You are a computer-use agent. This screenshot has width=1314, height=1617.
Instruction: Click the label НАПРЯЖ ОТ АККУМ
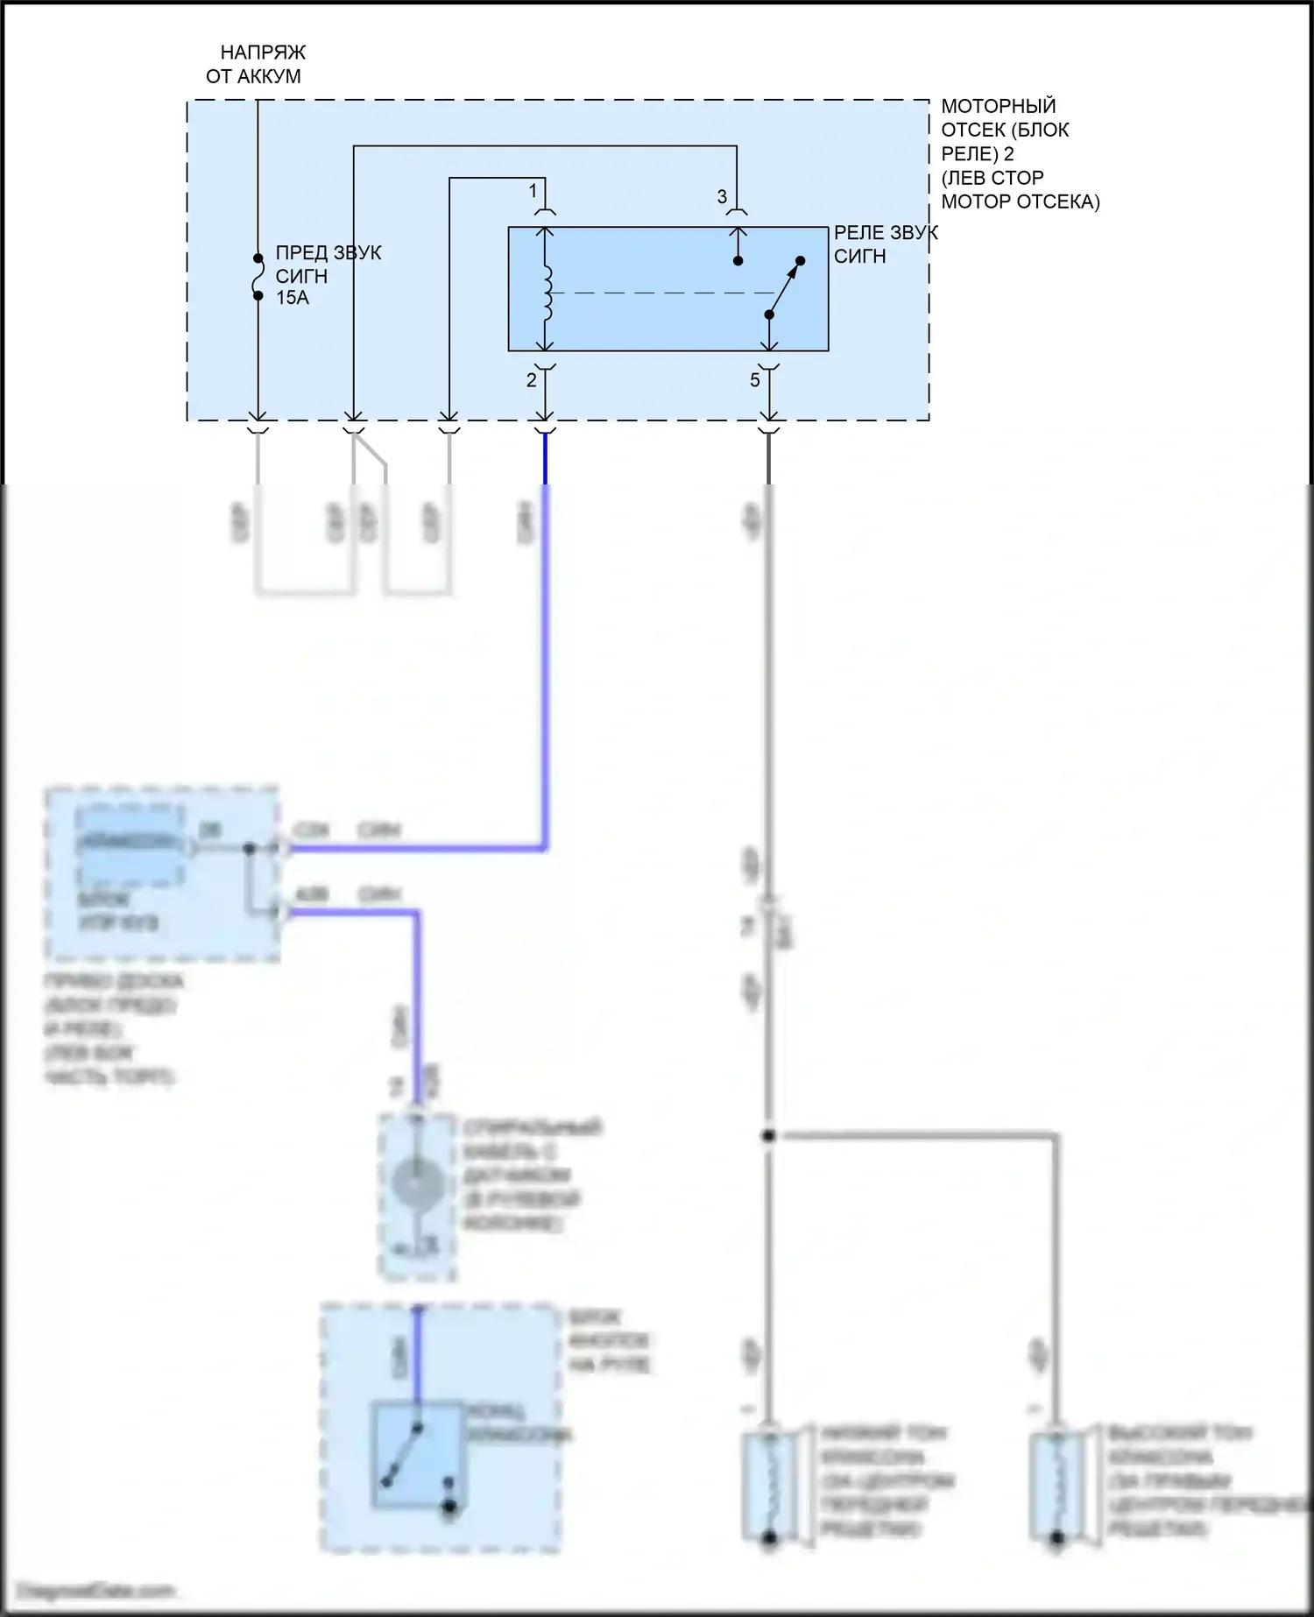tap(254, 65)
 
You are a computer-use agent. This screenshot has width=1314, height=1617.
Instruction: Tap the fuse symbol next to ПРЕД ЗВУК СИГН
tap(258, 277)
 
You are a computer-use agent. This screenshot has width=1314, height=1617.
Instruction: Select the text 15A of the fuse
tap(293, 298)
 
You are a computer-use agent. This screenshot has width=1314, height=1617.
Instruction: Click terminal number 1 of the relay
tap(533, 190)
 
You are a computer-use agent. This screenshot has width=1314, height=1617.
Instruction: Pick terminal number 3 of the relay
tap(722, 197)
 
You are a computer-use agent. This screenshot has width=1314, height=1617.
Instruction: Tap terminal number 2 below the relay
tap(531, 380)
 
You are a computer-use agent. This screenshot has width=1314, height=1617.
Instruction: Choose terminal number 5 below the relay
tap(754, 380)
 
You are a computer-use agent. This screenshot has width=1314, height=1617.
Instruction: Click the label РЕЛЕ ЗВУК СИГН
tap(885, 244)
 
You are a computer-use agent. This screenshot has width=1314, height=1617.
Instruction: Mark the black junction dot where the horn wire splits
tap(768, 1136)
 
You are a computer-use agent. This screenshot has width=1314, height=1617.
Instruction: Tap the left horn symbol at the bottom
tap(768, 1486)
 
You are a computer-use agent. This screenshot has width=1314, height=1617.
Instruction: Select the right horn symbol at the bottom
tap(1056, 1486)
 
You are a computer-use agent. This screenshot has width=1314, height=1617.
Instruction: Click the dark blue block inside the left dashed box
tap(130, 844)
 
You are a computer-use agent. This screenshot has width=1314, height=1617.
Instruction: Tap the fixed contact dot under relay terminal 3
tap(738, 261)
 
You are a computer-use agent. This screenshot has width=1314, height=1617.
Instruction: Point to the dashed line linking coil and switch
tap(657, 293)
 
